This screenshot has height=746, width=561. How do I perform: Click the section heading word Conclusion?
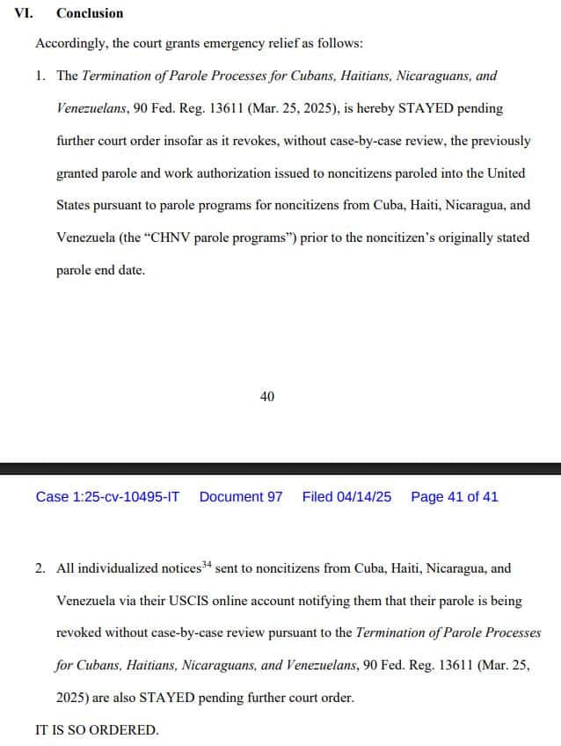tap(90, 13)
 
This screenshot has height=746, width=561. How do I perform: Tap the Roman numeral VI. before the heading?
tap(25, 13)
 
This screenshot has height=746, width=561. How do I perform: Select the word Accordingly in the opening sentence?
tap(68, 43)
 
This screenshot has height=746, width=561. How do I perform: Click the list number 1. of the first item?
tap(40, 76)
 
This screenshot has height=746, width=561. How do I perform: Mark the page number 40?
tap(267, 397)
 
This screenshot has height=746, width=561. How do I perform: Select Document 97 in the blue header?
tap(241, 497)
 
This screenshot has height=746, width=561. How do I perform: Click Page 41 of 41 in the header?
tap(454, 497)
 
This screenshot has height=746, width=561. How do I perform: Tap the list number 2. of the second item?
tap(40, 569)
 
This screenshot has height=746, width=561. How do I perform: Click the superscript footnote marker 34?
tap(207, 565)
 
